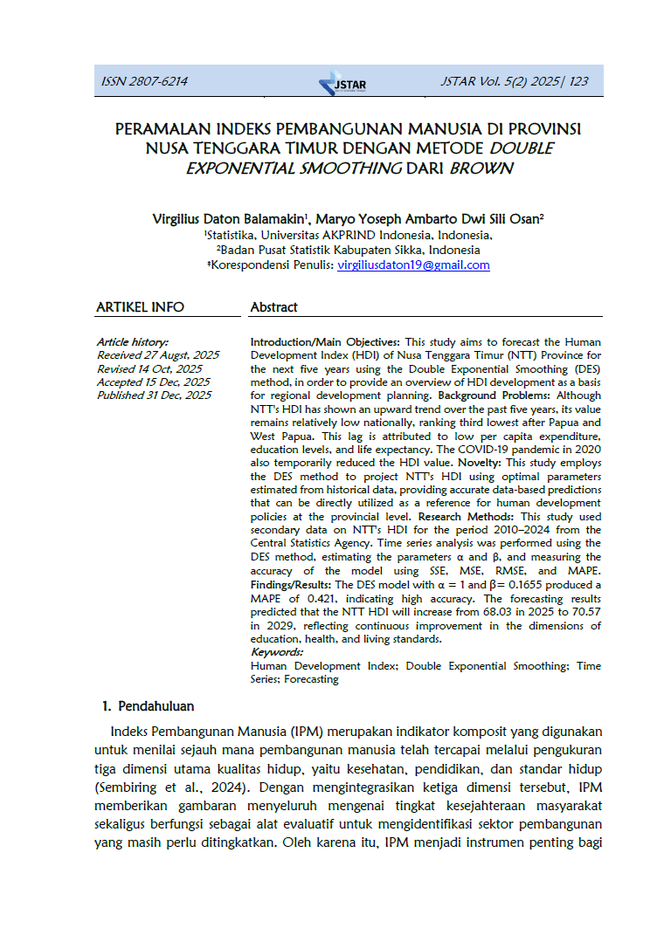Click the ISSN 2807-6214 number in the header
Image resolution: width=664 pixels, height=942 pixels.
point(144,82)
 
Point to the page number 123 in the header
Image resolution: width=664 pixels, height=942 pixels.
point(578,82)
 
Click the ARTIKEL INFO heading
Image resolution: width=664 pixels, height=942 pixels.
point(140,307)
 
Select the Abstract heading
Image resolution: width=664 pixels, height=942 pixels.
point(273,307)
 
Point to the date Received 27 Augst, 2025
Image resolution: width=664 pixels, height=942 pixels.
point(157,355)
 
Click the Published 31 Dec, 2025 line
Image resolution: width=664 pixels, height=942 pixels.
point(154,395)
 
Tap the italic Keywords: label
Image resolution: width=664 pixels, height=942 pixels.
point(277,651)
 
